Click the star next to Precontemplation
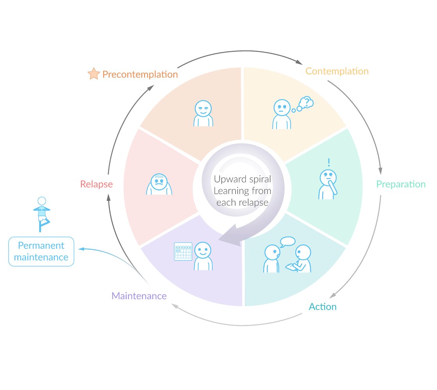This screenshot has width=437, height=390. coord(94,74)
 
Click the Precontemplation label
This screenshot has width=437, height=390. coord(140,74)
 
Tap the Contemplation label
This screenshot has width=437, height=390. coord(337,71)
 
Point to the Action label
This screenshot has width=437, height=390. coord(322,306)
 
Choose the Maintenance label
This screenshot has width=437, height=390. coord(139,296)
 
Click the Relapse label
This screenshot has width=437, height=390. coord(96,184)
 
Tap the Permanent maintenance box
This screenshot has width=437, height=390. coord(41,251)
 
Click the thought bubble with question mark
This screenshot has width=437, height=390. coord(306,103)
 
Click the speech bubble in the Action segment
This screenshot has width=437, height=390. coord(287,242)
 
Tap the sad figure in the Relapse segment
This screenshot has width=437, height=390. coord(159,185)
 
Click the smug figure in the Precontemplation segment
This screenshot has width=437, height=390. coord(203,114)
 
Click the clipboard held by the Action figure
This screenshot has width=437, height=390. coord(291,267)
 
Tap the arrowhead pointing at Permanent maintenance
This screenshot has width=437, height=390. coord(81,248)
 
